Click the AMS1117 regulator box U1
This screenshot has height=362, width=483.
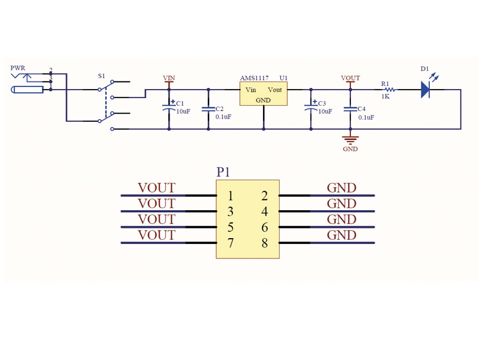click(263, 94)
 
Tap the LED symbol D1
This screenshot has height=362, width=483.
click(426, 90)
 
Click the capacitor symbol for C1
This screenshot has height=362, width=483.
click(169, 109)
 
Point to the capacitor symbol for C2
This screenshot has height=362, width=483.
click(208, 109)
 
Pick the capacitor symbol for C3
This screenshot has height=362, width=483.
click(311, 109)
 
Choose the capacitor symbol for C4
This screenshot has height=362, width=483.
click(350, 109)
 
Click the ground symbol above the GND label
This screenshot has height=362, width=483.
click(350, 140)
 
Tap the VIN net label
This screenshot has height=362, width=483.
click(169, 78)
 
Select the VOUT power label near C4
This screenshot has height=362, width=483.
click(350, 78)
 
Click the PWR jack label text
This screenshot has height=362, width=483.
click(18, 68)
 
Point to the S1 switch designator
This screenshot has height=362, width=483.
click(101, 76)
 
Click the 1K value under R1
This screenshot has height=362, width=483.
click(385, 97)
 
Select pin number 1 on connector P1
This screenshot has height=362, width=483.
click(230, 196)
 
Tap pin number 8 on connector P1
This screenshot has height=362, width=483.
click(265, 243)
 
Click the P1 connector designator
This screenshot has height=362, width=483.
click(223, 172)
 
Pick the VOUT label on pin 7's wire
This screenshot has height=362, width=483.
click(156, 235)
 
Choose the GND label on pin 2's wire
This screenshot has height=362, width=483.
click(341, 188)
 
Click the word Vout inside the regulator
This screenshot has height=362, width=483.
click(275, 90)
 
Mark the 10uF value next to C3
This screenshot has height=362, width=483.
click(325, 112)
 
